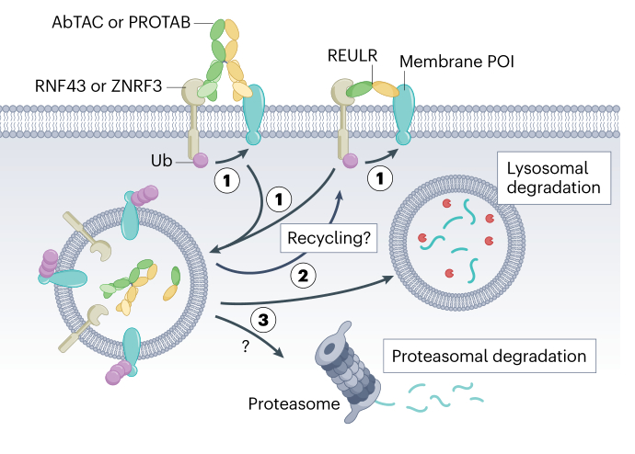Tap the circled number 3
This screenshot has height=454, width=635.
263,319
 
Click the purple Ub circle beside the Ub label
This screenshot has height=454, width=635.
199,163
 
